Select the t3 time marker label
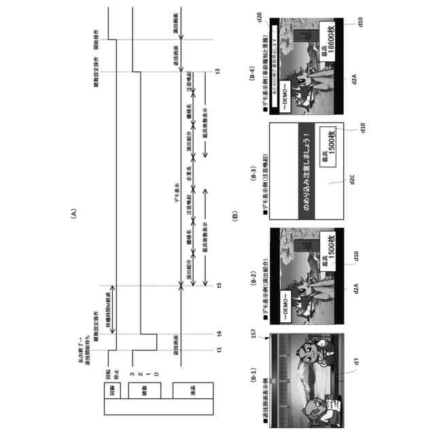(217, 72)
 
